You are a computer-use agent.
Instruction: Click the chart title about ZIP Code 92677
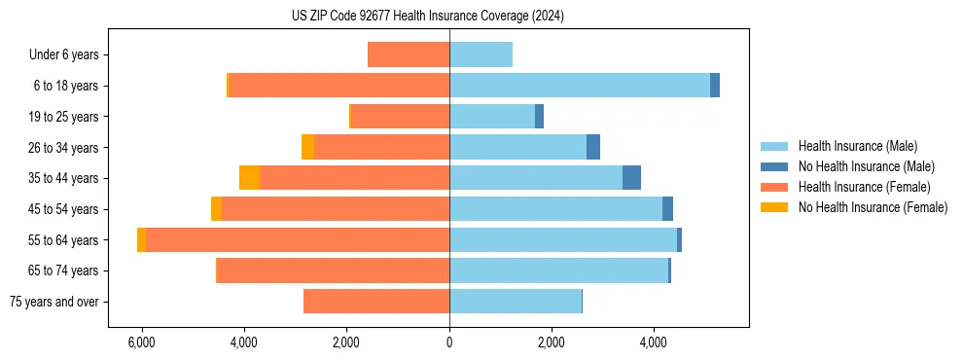pyautogui.click(x=428, y=17)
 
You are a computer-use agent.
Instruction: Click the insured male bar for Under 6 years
pyautogui.click(x=481, y=55)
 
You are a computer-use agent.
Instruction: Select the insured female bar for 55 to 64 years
pyautogui.click(x=297, y=239)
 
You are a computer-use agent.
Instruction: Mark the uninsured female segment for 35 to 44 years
pyautogui.click(x=249, y=178)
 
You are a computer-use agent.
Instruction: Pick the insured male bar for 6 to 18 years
pyautogui.click(x=579, y=86)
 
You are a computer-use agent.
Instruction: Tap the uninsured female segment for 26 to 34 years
pyautogui.click(x=307, y=147)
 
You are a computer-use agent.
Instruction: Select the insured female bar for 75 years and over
pyautogui.click(x=375, y=302)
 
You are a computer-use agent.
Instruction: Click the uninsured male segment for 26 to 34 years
pyautogui.click(x=593, y=147)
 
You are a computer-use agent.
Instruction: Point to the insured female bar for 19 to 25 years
pyautogui.click(x=400, y=117)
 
